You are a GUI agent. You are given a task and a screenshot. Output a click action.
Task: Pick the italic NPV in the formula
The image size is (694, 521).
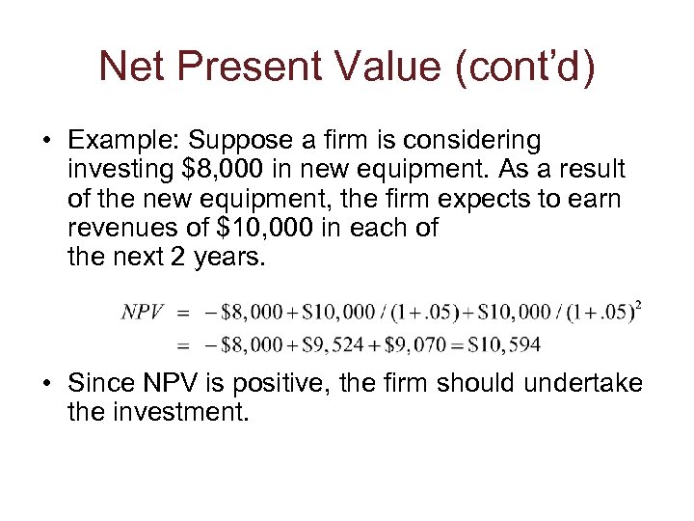[143, 312]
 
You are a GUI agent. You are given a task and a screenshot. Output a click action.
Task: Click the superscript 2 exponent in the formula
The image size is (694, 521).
[639, 306]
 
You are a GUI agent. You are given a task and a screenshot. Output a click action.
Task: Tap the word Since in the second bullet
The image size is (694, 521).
[99, 384]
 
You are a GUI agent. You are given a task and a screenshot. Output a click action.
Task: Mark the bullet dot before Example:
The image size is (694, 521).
[46, 143]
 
